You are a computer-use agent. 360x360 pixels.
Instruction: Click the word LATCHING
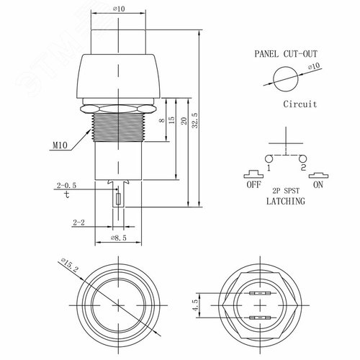[x=285, y=202]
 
